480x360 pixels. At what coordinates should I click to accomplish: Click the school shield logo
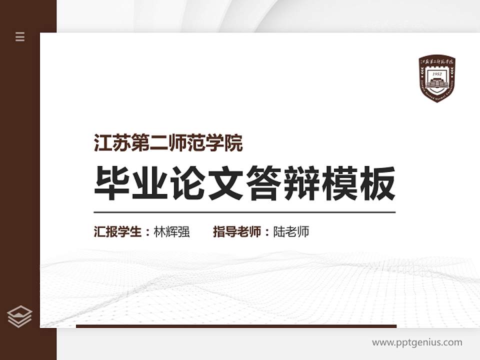pos(437,79)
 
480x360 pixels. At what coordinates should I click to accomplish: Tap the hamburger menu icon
pos(20,36)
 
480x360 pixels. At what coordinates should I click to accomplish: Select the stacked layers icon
pos(20,316)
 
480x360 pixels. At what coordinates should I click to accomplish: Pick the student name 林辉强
pos(172,232)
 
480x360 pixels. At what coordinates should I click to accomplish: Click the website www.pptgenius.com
pos(417,342)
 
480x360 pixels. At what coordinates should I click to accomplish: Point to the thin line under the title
pos(244,212)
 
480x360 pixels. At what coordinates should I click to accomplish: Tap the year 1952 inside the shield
pos(437,73)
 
